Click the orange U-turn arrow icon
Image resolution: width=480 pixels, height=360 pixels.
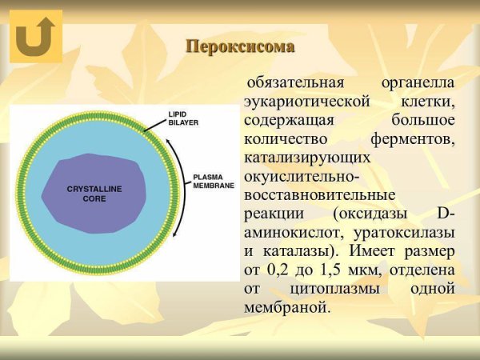tap(36, 36)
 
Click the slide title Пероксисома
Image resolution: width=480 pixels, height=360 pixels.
tap(240, 46)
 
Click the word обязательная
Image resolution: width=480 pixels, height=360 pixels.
tap(294, 84)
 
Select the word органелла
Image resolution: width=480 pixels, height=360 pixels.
tap(418, 84)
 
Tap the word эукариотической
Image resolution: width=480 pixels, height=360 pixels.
tap(304, 102)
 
